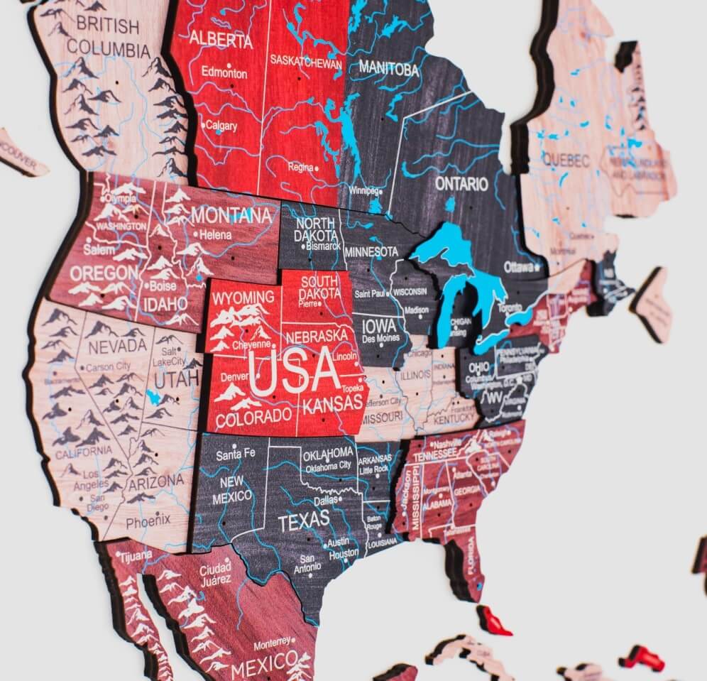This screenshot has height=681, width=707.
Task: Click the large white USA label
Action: click(x=293, y=371)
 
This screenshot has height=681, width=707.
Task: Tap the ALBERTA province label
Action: click(x=221, y=38)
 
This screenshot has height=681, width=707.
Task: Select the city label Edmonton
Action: click(x=224, y=72)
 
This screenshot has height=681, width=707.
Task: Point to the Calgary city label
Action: click(x=221, y=126)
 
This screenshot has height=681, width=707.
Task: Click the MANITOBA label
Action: click(x=389, y=69)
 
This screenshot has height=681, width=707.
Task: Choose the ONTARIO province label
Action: click(x=462, y=185)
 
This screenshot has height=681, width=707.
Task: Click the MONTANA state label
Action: click(x=236, y=214)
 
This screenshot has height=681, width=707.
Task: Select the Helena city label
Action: click(x=215, y=234)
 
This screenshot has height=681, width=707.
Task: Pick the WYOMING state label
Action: click(x=243, y=296)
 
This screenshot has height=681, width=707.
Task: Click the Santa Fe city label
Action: click(x=235, y=454)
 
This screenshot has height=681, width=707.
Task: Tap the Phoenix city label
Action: click(x=148, y=521)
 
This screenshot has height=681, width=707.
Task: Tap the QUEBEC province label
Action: click(x=566, y=161)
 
